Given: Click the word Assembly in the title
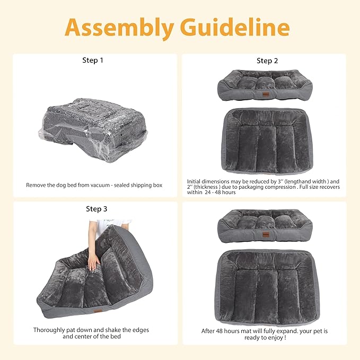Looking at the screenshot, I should point(120,28).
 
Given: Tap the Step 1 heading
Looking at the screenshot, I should point(93,60).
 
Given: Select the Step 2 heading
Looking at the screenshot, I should point(267,60).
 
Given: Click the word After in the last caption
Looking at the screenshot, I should point(208,330).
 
